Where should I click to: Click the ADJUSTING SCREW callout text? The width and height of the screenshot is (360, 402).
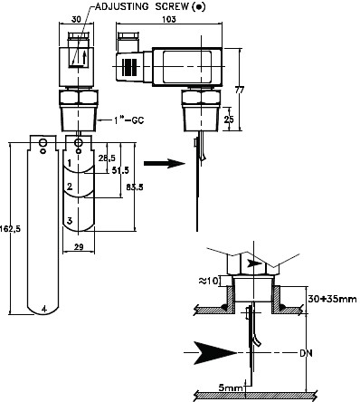coord(150,6)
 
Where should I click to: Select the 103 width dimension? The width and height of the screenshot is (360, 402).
coord(169,19)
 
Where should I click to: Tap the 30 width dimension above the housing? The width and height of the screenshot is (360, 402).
coord(76,19)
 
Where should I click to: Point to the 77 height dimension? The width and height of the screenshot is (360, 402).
coord(240,90)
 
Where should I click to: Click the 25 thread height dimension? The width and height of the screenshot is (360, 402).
coord(229,120)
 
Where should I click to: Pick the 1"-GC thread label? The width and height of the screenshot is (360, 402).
coord(128,120)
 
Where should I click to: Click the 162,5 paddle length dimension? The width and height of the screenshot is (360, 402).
coord(10,229)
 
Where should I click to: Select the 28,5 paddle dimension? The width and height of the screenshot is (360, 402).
coord(107,158)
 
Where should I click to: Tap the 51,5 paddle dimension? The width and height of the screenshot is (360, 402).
coord(120,170)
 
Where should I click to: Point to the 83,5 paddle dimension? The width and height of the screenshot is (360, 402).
coord(135,187)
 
